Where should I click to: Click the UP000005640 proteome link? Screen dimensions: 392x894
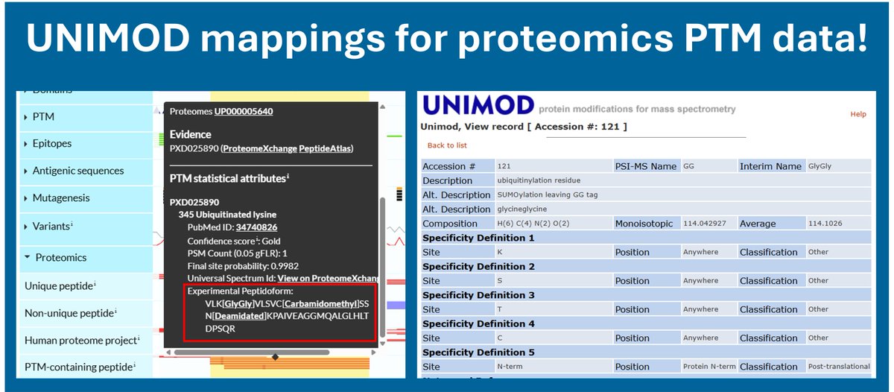point(244,111)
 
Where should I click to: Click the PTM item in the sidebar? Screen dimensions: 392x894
point(43,117)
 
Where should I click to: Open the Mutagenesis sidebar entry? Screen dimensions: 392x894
point(61,198)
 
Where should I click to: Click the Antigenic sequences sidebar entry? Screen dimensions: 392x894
point(78,171)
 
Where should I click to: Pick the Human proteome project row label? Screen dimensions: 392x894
point(80,340)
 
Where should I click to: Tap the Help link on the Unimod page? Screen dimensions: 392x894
point(858,115)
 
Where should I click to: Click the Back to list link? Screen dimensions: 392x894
point(447,145)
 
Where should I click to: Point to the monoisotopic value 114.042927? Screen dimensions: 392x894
point(704,224)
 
